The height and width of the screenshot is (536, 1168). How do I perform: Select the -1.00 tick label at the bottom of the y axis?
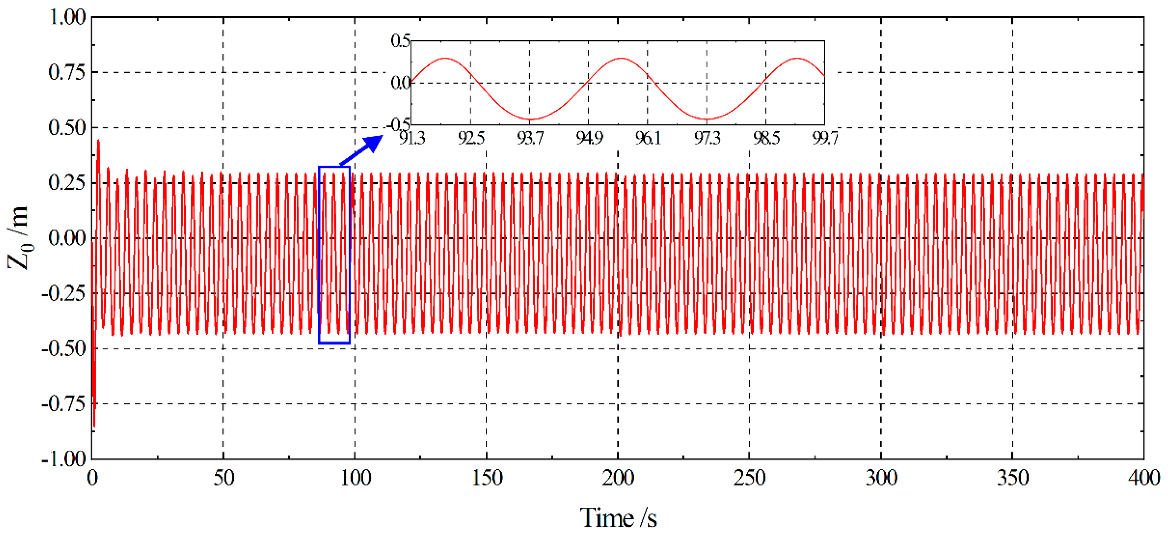[63, 459]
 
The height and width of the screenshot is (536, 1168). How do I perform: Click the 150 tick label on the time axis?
[486, 478]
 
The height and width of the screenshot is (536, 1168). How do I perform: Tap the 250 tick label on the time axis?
[749, 478]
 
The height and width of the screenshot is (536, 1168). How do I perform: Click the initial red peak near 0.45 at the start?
[98, 141]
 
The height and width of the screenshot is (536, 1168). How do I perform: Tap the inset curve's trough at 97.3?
[707, 119]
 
